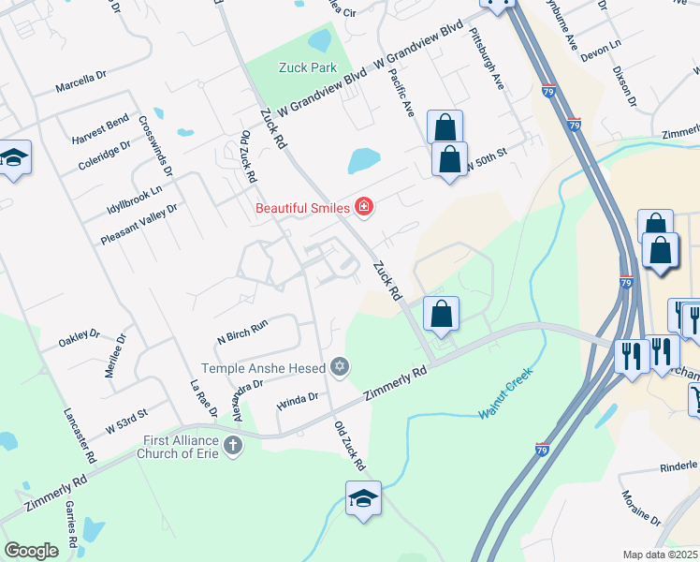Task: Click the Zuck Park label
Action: [307, 67]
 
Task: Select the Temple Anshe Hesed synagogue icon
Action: [341, 368]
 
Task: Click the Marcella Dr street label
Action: [82, 87]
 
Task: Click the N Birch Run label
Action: [242, 324]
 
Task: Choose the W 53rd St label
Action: [126, 415]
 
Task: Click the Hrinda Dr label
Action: [299, 401]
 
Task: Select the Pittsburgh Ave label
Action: [488, 58]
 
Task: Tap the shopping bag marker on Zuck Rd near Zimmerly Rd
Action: [441, 314]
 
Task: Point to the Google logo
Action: [32, 551]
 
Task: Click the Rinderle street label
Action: [678, 466]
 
